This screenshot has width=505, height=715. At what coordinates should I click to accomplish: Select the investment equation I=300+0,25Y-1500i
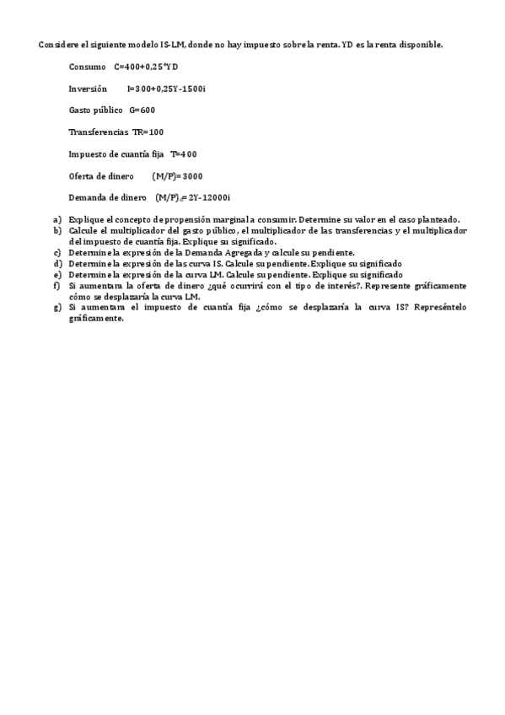click(x=165, y=88)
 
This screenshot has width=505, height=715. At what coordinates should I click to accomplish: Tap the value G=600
click(x=142, y=110)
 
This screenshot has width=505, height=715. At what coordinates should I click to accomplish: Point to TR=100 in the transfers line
click(x=148, y=132)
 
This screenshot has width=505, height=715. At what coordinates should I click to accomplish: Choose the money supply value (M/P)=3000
click(x=177, y=175)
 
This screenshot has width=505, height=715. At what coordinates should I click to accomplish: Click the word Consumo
click(x=88, y=66)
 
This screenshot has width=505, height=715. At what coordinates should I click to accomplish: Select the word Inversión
click(x=88, y=88)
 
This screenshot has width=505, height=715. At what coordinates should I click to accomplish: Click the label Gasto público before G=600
click(x=96, y=110)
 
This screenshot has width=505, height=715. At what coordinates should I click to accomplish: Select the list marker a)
click(x=57, y=219)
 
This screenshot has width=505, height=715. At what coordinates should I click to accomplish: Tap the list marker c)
click(x=57, y=252)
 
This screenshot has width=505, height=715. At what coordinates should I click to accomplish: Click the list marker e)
click(x=57, y=274)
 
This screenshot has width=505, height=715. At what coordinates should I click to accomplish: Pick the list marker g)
click(x=57, y=307)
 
